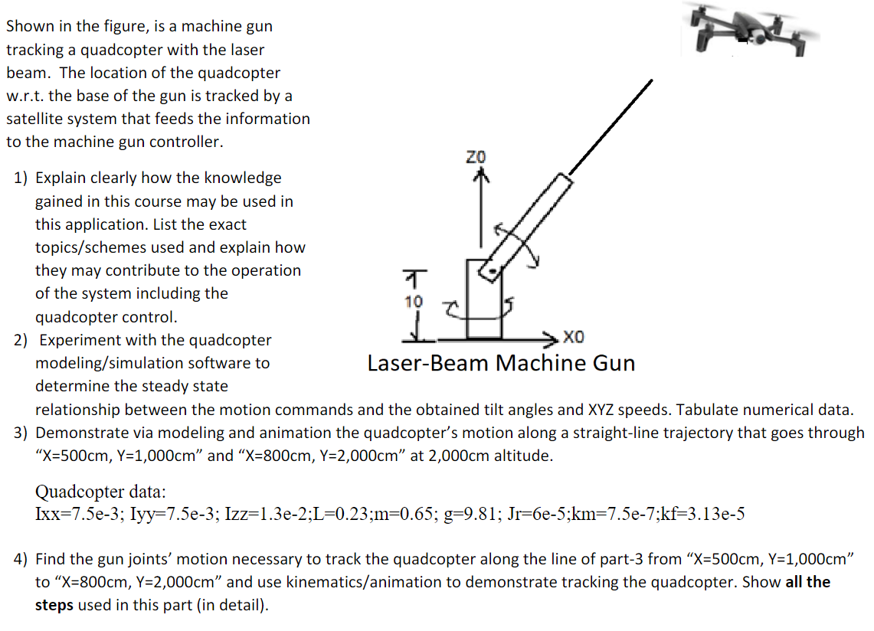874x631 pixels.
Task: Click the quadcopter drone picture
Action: pyautogui.click(x=755, y=30)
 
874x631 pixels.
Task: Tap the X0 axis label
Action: pyautogui.click(x=576, y=337)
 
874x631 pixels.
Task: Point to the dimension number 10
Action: pyautogui.click(x=414, y=301)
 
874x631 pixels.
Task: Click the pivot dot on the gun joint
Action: pyautogui.click(x=493, y=271)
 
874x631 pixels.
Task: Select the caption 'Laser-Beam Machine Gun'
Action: pyautogui.click(x=501, y=363)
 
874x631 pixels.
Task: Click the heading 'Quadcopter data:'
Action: pyautogui.click(x=100, y=491)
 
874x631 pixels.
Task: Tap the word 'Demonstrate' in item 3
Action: pyautogui.click(x=80, y=433)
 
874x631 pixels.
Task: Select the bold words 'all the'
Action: pyautogui.click(x=805, y=582)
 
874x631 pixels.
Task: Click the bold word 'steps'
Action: pyautogui.click(x=54, y=605)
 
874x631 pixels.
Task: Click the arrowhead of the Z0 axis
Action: pyautogui.click(x=481, y=175)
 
